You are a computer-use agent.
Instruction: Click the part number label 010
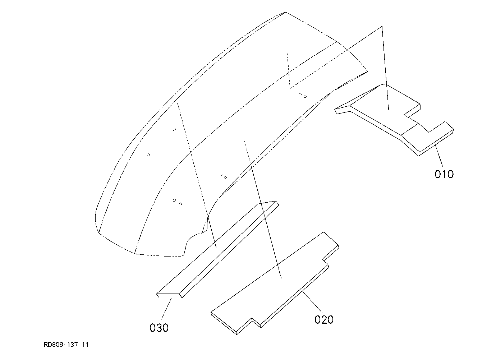(444, 174)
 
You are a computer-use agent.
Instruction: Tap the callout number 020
(324, 320)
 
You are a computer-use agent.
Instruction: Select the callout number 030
(159, 328)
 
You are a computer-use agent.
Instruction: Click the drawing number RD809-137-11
(66, 345)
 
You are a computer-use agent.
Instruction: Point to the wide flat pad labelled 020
(275, 283)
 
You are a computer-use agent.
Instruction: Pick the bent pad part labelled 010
(394, 120)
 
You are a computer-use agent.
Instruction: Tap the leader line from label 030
(166, 309)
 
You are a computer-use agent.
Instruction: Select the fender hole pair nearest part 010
(303, 95)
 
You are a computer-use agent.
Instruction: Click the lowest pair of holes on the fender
(177, 202)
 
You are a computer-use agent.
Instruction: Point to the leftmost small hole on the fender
(148, 154)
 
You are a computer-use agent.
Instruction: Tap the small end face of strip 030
(169, 296)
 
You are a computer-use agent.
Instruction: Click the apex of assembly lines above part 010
(382, 27)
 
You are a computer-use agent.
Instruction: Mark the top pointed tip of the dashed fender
(286, 13)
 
